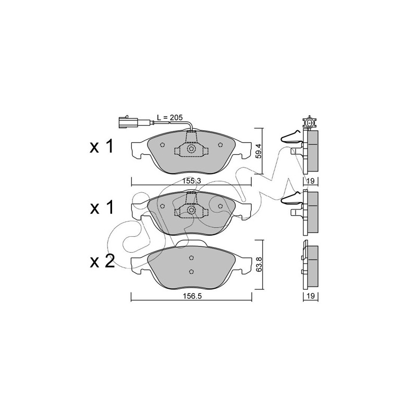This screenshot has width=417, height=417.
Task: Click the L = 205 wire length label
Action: click(169, 118)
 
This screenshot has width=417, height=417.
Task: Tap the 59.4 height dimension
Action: click(259, 152)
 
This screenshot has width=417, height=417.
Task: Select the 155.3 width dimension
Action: click(192, 181)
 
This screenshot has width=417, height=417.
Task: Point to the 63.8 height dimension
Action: click(259, 264)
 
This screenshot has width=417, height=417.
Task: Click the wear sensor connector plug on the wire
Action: click(127, 122)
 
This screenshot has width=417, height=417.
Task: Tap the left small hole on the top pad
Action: click(163, 145)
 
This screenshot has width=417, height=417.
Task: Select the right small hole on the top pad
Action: click(220, 145)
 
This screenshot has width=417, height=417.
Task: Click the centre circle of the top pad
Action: click(191, 149)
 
